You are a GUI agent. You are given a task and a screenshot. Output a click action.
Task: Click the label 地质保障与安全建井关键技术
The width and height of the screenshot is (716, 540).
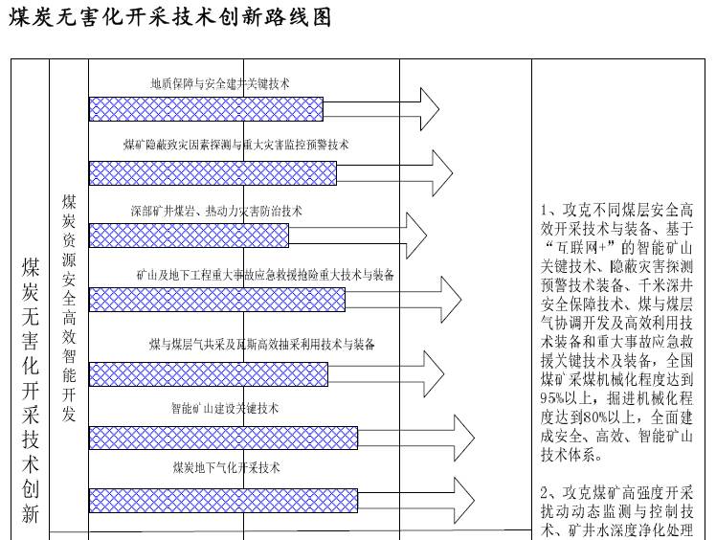[220, 83]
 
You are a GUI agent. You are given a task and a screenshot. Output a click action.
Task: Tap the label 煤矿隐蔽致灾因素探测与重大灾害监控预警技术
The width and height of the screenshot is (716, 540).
[236, 146]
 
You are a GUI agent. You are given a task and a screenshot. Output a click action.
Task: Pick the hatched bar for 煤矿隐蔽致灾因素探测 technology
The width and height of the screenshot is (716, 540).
[213, 172]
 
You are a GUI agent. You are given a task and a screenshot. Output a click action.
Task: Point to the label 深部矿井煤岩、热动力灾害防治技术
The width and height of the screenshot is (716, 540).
[216, 211]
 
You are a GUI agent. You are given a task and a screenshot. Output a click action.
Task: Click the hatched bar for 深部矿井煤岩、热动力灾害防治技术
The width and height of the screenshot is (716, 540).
[189, 236]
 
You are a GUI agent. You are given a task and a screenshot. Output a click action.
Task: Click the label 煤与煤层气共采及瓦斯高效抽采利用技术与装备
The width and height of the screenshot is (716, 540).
[261, 343]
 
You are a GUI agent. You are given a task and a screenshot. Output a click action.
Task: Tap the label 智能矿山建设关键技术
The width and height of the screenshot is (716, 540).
[225, 408]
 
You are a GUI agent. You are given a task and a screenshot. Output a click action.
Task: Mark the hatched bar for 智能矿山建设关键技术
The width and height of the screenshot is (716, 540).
[223, 438]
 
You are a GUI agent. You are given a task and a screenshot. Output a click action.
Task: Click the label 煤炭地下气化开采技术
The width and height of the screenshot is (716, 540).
[226, 468]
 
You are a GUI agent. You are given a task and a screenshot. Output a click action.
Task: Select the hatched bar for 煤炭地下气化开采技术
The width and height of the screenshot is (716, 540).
[223, 499]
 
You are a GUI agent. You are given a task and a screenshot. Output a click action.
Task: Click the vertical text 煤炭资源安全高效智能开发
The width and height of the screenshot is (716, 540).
[70, 306]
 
